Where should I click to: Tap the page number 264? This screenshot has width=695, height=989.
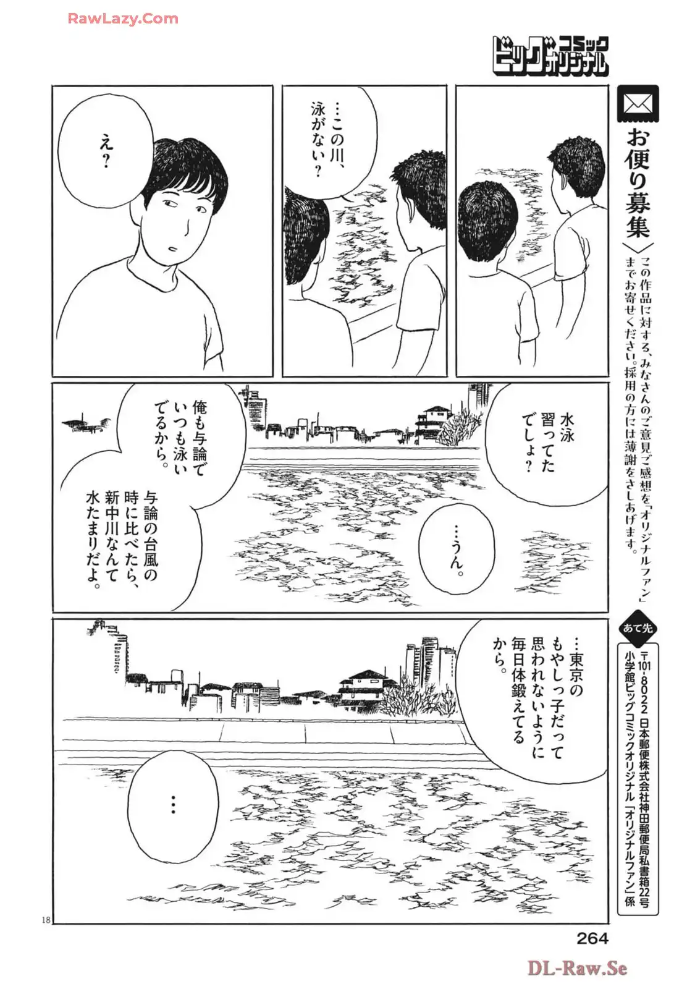click(592, 938)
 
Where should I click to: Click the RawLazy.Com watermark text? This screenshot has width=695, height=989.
click(122, 19)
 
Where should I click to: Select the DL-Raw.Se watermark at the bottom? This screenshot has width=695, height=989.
click(577, 967)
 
